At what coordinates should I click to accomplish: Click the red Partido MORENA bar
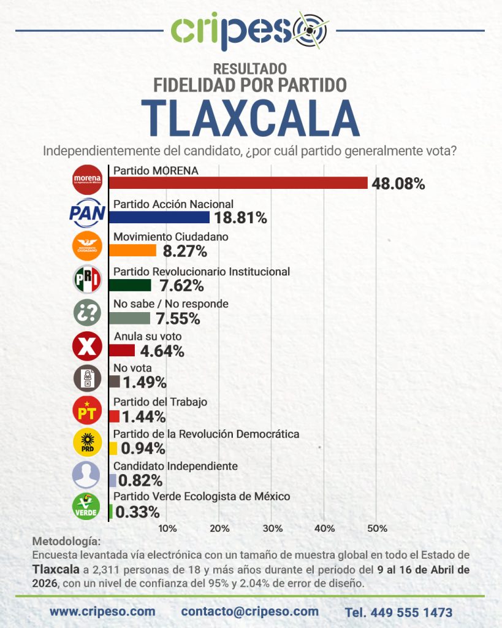click(x=238, y=183)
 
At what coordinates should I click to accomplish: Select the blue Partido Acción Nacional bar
click(x=159, y=217)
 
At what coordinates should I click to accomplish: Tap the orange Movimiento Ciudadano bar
click(x=132, y=250)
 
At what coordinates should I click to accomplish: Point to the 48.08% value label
click(x=398, y=183)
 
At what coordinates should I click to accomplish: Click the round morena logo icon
click(x=87, y=179)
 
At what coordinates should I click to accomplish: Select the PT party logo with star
click(x=87, y=410)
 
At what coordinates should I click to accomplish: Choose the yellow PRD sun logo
click(x=87, y=443)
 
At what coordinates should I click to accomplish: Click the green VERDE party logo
click(x=87, y=506)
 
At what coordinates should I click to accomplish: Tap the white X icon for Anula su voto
click(x=87, y=346)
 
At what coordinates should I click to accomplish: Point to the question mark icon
click(x=87, y=312)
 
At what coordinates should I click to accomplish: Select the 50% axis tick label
click(x=377, y=528)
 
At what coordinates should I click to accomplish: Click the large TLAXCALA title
click(x=251, y=118)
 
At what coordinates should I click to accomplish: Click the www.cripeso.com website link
click(x=102, y=611)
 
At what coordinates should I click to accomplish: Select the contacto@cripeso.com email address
click(x=250, y=611)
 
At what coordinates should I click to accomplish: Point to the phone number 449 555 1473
click(x=398, y=612)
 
